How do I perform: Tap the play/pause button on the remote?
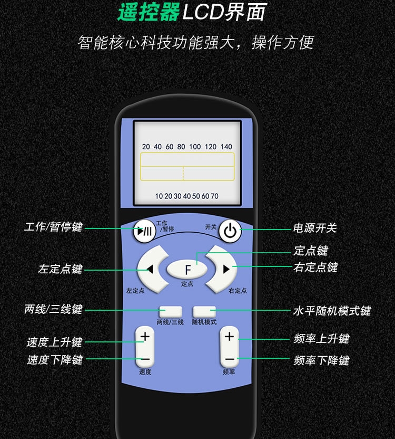click(144, 231)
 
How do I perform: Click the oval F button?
click(187, 269)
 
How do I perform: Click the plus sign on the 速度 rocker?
click(145, 336)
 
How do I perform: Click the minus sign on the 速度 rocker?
click(145, 359)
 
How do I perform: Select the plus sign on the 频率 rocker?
click(229, 336)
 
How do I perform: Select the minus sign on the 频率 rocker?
click(230, 359)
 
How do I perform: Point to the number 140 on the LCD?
click(226, 147)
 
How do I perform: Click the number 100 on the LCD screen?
click(195, 147)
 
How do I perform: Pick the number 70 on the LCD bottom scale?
click(214, 196)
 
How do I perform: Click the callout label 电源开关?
click(315, 228)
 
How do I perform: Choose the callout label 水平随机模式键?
click(332, 311)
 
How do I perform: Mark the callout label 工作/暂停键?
click(53, 227)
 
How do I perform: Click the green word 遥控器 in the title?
click(149, 12)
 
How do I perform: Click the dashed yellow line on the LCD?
click(183, 173)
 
